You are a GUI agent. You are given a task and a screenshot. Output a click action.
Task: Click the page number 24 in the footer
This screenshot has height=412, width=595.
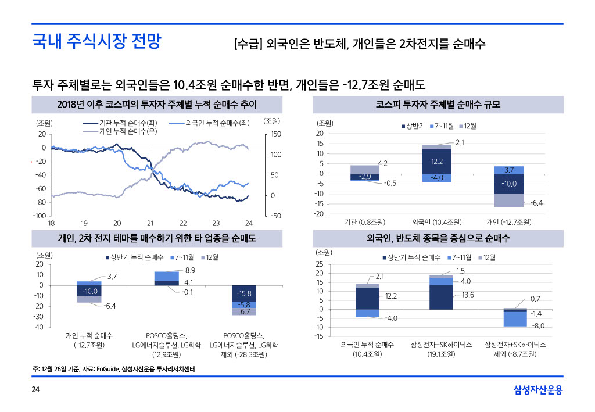point(35,389)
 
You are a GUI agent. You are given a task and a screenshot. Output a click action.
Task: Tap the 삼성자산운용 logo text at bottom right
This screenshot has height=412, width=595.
point(538,390)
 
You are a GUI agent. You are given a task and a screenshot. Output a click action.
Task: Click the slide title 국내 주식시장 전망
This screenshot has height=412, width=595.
point(96,42)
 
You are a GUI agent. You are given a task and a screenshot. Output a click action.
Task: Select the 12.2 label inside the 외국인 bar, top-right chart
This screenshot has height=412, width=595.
point(438,161)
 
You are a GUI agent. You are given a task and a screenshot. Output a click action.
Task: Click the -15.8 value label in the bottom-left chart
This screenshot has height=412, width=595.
point(244,293)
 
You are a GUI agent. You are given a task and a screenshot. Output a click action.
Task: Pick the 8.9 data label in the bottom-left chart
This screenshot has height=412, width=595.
point(190,270)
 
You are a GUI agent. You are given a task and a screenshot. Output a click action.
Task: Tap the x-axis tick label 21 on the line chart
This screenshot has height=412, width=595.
point(150,223)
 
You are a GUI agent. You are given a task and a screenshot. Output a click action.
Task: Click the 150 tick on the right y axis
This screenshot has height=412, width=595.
point(275,134)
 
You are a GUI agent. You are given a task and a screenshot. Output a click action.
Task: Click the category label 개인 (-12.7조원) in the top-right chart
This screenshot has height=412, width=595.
point(508,222)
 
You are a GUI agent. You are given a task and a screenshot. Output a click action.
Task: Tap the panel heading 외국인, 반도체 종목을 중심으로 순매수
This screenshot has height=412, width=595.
point(438,238)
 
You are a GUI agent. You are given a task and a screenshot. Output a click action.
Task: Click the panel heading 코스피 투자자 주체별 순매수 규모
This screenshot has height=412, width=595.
point(438,105)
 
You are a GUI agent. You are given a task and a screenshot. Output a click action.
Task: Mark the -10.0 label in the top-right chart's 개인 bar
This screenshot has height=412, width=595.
point(509,184)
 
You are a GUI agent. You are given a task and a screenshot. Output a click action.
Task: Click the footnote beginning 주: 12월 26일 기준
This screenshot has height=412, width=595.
point(113,368)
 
